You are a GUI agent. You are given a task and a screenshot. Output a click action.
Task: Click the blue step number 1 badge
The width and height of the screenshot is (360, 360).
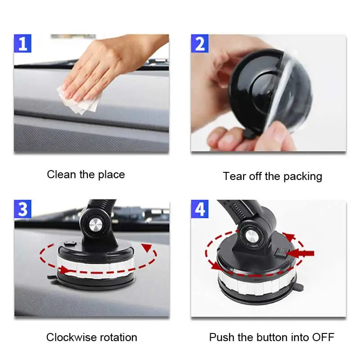tap(22, 43)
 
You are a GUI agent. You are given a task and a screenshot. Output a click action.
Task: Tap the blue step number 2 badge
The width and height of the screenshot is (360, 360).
tap(200, 43)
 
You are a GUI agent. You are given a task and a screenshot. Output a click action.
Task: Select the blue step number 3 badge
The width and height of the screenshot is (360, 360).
tap(22, 209)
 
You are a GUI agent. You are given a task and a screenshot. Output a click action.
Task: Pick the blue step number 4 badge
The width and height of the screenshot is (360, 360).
tap(200, 209)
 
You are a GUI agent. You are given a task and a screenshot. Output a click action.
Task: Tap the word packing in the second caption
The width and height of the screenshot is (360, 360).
tap(302, 177)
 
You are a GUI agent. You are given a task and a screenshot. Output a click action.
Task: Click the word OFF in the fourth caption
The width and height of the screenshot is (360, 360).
tap(323, 337)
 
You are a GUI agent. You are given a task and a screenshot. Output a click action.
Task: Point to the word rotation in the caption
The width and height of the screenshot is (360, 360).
tap(118, 337)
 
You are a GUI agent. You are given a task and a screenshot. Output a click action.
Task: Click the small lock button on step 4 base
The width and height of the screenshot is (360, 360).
tap(280, 253)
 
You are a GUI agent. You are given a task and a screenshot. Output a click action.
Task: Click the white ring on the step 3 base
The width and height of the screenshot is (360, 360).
tap(96, 267)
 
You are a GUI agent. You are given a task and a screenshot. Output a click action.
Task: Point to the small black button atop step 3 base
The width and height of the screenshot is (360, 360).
tap(70, 243)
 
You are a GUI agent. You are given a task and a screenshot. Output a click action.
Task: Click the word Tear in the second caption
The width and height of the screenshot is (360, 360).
tap(234, 176)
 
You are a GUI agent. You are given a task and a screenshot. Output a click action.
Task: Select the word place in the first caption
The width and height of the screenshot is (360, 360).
tap(111, 175)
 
